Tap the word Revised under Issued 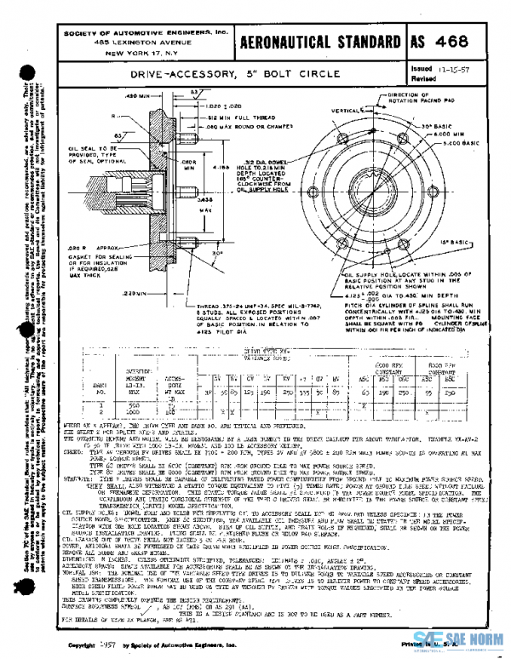[x=423, y=77]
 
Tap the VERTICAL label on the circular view [x=327, y=111]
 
